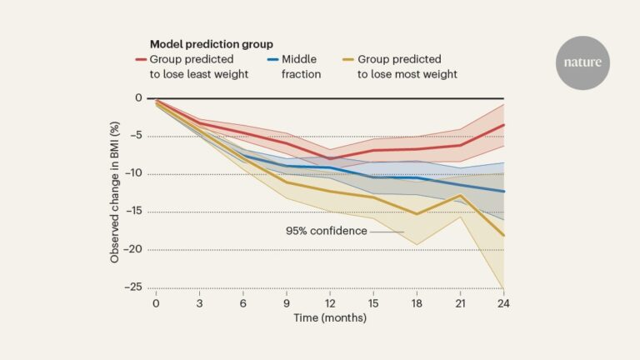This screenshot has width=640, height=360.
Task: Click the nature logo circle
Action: (583, 62)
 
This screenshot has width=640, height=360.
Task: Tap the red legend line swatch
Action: (142, 60)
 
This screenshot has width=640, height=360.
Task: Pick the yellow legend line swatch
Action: (350, 60)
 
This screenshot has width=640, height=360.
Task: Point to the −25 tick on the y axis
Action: (132, 287)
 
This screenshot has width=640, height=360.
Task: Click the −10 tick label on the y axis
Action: (132, 174)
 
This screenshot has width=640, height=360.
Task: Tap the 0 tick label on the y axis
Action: (139, 98)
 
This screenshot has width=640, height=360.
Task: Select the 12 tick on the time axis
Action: (330, 302)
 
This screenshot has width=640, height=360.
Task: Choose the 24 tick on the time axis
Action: (504, 302)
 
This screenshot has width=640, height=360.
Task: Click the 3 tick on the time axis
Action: (198, 302)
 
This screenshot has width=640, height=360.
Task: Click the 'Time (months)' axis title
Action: (329, 317)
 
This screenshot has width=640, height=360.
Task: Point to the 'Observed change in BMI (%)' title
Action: (114, 192)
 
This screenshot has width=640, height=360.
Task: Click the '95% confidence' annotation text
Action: (327, 231)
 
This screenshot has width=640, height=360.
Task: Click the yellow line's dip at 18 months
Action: (417, 214)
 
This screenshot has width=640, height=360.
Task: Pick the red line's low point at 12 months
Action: (330, 158)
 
